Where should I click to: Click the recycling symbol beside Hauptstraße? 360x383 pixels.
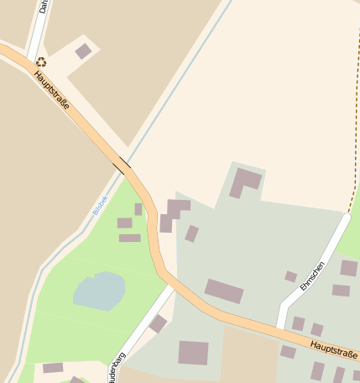41,61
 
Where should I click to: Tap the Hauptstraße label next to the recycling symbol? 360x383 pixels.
52,92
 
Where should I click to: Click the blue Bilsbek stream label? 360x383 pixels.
100,204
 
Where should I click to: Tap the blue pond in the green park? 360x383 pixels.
99,291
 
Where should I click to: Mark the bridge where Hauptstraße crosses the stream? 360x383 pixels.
123,165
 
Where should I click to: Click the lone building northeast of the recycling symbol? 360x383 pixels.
83,51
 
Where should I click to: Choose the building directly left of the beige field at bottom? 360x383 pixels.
193,352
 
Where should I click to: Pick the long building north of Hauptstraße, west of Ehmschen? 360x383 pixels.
224,291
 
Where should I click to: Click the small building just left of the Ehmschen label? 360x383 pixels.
290,276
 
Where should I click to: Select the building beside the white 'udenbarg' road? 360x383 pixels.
158,323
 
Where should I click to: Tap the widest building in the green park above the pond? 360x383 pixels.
129,238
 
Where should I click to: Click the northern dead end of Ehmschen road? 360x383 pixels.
346,218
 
